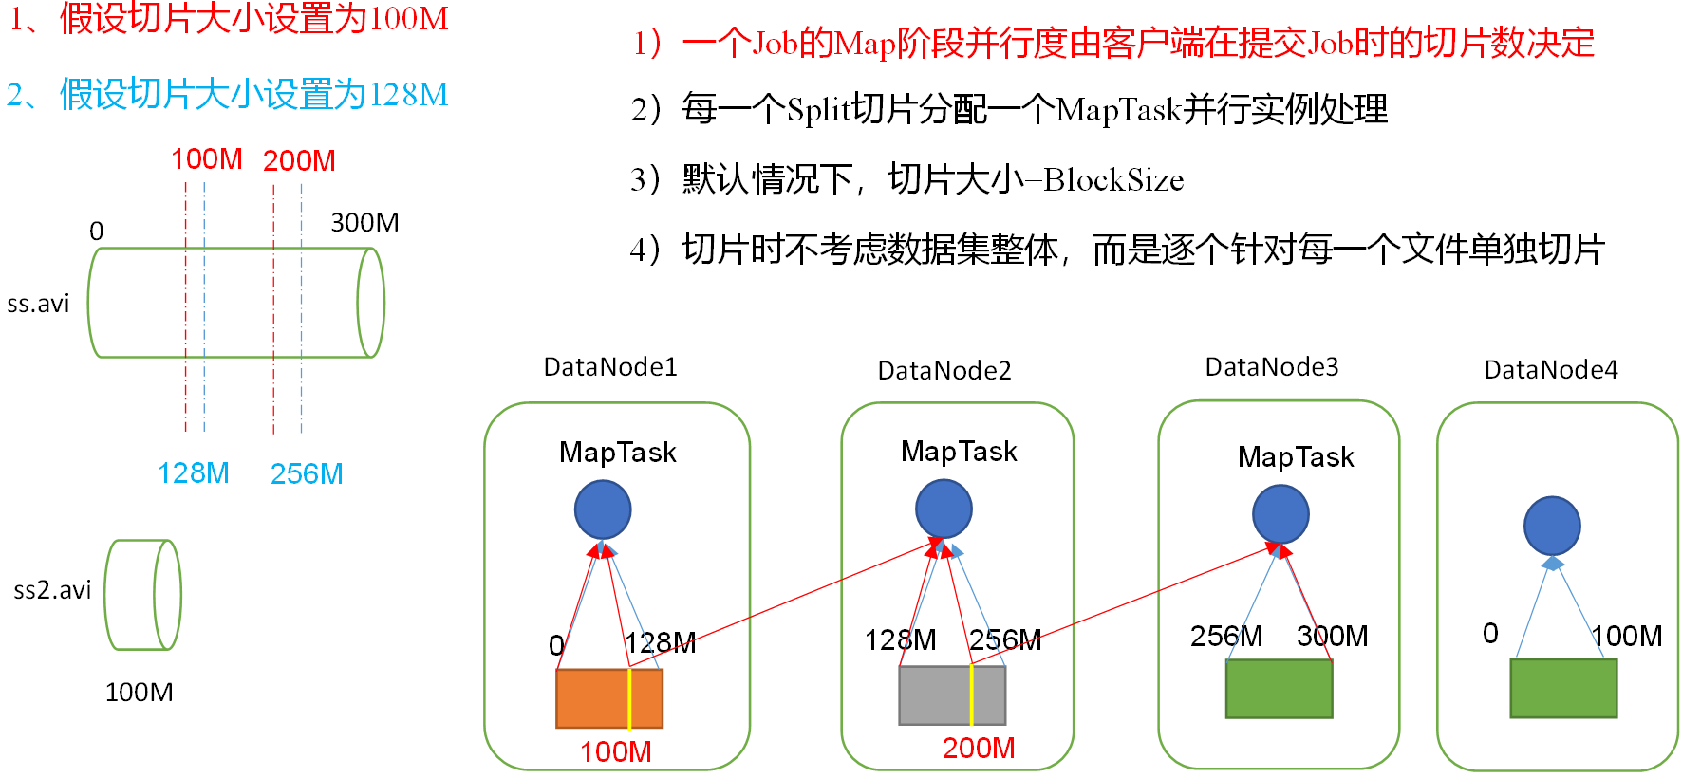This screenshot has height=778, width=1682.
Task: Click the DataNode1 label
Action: pyautogui.click(x=610, y=367)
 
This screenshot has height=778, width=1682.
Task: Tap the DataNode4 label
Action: pyautogui.click(x=1550, y=370)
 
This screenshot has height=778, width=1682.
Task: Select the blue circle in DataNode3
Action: pyautogui.click(x=1280, y=513)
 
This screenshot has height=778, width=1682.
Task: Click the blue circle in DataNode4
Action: pyautogui.click(x=1551, y=526)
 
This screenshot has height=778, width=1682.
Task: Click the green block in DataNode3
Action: pyautogui.click(x=1279, y=688)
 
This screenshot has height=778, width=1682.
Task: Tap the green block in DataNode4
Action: pyautogui.click(x=1562, y=688)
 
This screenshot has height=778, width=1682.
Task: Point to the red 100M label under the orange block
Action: pyautogui.click(x=615, y=751)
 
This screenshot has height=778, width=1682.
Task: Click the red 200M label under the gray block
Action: pyautogui.click(x=978, y=748)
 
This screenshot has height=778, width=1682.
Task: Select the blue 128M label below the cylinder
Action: pyautogui.click(x=193, y=472)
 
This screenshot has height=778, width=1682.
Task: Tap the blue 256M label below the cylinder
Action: pyautogui.click(x=306, y=473)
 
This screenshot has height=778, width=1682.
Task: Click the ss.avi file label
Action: pyautogui.click(x=38, y=304)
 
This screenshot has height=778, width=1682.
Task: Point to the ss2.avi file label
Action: pyautogui.click(x=52, y=590)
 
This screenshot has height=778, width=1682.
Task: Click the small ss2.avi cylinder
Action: pyautogui.click(x=142, y=595)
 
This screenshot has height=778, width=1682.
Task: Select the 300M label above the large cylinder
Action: pyautogui.click(x=364, y=223)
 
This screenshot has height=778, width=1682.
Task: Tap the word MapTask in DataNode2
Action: pyautogui.click(x=959, y=452)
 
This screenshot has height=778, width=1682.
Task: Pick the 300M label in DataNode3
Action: pyautogui.click(x=1332, y=636)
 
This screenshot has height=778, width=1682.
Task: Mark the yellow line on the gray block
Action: pyautogui.click(x=971, y=695)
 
